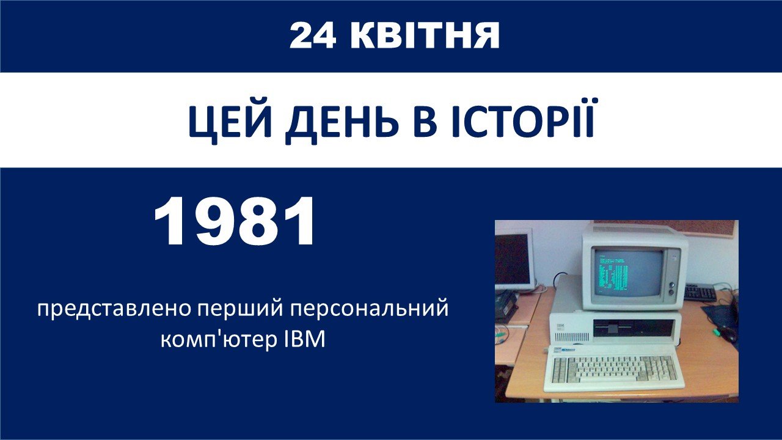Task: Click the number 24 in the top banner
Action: pyautogui.click(x=313, y=35)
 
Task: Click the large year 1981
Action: pyautogui.click(x=234, y=221)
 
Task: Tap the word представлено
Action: pyautogui.click(x=115, y=310)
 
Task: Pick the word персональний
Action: pyautogui.click(x=369, y=309)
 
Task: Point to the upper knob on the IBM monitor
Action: pyautogui.click(x=671, y=284)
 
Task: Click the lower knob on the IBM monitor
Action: pyautogui.click(x=671, y=292)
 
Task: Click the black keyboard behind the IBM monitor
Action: pyautogui.click(x=700, y=292)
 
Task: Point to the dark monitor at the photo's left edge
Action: pyautogui.click(x=514, y=259)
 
